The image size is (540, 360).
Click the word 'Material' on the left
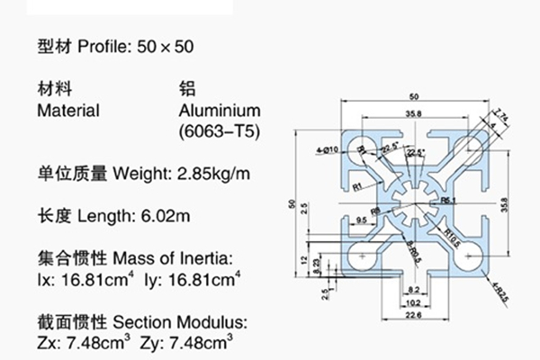[67, 111]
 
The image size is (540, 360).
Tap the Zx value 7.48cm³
[98, 342]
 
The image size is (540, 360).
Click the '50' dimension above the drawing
[413, 95]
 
